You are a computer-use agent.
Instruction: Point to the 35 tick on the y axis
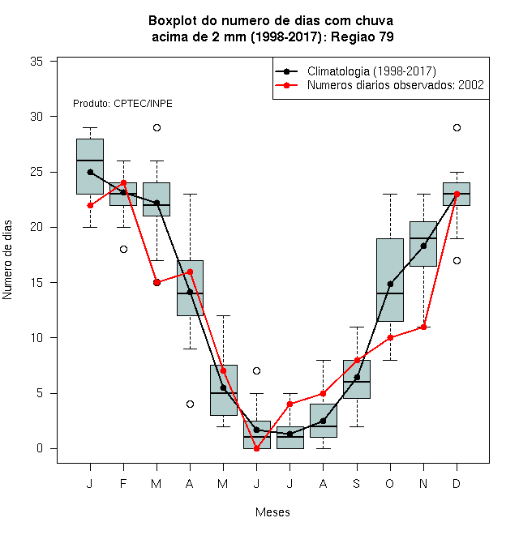tap(36, 62)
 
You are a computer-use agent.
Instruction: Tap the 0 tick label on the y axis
tap(40, 448)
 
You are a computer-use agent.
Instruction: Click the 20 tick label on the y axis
tap(36, 227)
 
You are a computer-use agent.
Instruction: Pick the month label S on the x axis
tap(357, 484)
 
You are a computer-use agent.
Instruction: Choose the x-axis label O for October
tap(390, 484)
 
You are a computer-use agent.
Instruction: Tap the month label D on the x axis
tap(457, 484)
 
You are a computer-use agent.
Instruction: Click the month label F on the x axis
tap(123, 484)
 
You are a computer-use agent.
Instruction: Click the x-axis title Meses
tap(272, 512)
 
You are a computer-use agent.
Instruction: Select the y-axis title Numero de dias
tap(7, 260)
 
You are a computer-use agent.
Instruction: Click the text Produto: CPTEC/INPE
tap(122, 104)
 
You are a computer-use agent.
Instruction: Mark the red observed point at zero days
tap(257, 449)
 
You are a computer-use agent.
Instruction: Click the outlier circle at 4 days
tap(191, 404)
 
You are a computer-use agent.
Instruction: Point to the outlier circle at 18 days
tap(123, 250)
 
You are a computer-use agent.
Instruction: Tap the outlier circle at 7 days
tap(257, 371)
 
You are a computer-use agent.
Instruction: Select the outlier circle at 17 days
tap(457, 261)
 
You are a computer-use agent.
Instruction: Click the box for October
tap(390, 280)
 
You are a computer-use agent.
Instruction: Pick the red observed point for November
tap(424, 327)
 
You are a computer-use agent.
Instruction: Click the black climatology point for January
tap(91, 173)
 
